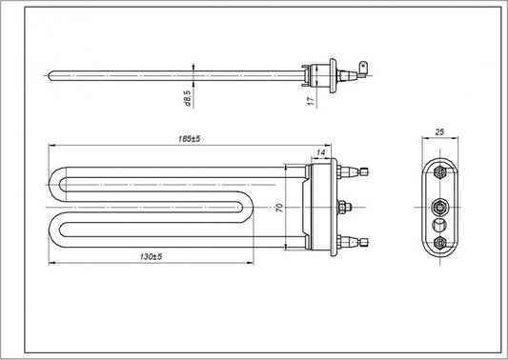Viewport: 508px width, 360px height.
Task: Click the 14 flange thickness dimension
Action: (x=321, y=152)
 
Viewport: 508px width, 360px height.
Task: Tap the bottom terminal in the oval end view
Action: (x=438, y=245)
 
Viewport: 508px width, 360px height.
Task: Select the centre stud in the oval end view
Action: (x=438, y=204)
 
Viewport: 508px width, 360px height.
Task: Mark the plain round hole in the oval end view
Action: (x=438, y=225)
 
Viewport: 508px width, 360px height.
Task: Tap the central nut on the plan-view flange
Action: (x=345, y=207)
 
